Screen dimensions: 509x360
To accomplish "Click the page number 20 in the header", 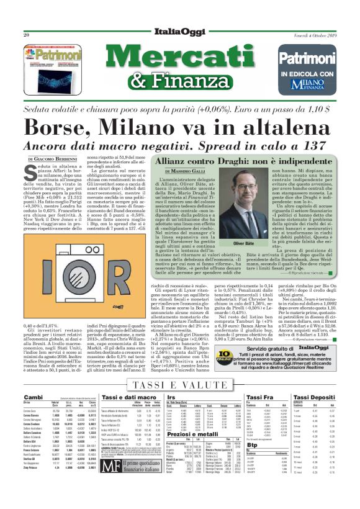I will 27,17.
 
